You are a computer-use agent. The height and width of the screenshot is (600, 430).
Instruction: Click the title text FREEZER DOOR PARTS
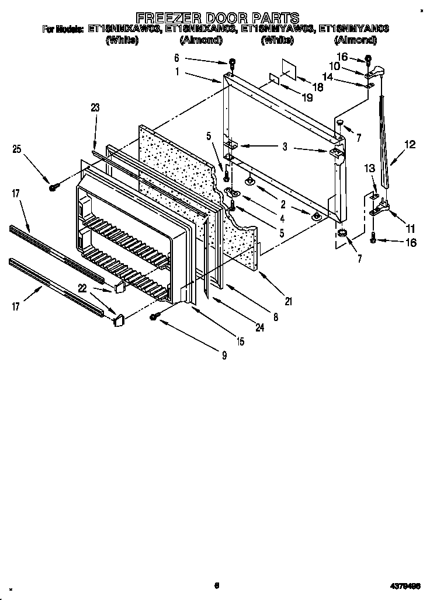click(217, 18)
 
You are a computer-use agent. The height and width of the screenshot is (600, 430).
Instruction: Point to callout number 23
click(95, 107)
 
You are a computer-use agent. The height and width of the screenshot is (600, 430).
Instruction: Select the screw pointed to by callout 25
click(53, 186)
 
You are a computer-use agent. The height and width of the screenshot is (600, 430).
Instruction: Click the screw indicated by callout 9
click(155, 316)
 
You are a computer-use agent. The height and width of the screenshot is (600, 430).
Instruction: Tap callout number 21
click(288, 301)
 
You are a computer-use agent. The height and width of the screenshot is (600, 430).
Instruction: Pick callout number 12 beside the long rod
click(410, 144)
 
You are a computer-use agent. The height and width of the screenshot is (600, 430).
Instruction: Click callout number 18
click(318, 87)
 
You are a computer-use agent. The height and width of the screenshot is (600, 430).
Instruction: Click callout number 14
click(345, 76)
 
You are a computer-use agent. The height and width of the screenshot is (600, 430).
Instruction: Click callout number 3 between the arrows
click(285, 147)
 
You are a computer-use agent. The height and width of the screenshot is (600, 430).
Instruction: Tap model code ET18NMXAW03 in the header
click(123, 28)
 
